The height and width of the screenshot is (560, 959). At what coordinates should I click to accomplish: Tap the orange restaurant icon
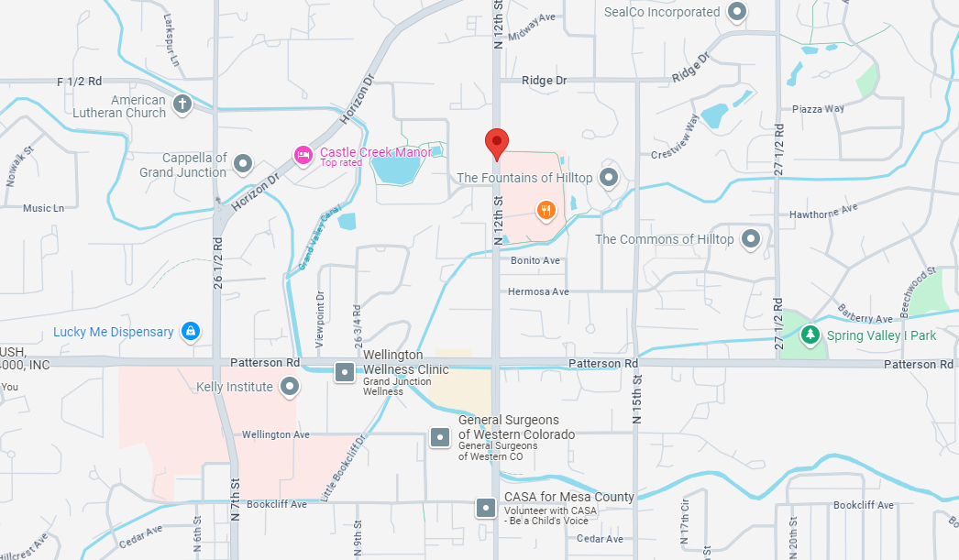546,210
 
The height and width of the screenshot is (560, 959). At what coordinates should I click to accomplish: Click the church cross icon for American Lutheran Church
182,104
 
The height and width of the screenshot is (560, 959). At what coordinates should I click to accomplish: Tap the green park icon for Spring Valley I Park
810,335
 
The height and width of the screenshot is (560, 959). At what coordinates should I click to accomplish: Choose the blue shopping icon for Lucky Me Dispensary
190,331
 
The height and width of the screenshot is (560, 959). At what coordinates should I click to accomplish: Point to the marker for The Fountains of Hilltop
609,177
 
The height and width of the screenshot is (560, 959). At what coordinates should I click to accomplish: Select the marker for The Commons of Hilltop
751,239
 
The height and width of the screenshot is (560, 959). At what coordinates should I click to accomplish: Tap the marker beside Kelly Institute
290,387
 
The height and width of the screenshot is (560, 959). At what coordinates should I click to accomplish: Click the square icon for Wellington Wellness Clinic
344,371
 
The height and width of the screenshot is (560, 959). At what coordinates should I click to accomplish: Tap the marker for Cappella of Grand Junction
243,164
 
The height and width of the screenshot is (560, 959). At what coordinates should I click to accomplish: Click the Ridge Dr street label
544,81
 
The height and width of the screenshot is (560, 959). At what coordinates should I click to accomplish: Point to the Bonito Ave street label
535,261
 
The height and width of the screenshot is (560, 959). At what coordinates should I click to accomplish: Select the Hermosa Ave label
539,291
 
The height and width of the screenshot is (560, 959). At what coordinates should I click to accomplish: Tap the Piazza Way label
819,109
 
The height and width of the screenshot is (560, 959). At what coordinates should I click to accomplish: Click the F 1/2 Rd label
79,82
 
